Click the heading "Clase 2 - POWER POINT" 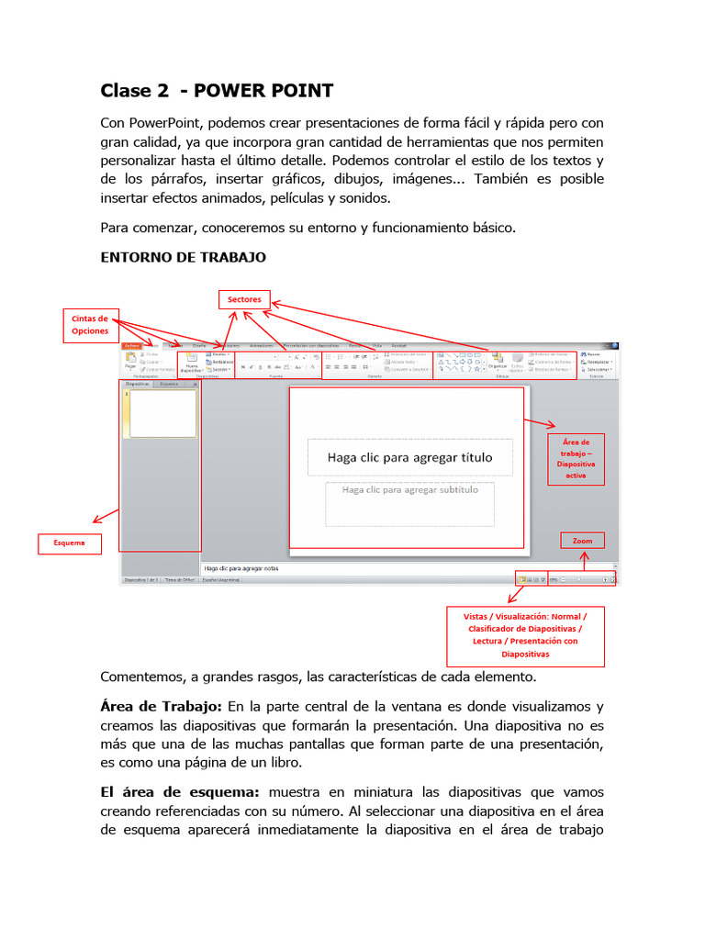click(217, 90)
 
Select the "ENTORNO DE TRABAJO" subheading click(183, 257)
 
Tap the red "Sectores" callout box click(244, 299)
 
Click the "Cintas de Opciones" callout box click(90, 325)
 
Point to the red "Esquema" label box click(69, 543)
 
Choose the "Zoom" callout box click(582, 541)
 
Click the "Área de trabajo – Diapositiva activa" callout click(576, 459)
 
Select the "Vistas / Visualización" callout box click(525, 635)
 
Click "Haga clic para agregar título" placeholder click(409, 457)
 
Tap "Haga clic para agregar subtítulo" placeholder click(409, 490)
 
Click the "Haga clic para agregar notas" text click(241, 568)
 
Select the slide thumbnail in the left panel click(162, 413)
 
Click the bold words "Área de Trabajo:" click(161, 706)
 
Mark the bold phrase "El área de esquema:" click(180, 790)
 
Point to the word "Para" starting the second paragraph click(115, 228)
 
